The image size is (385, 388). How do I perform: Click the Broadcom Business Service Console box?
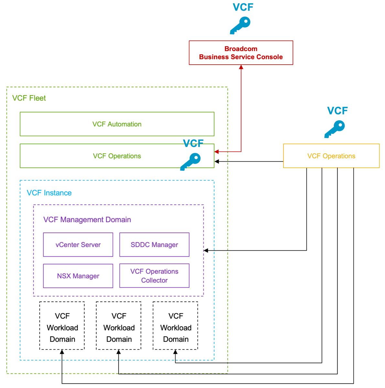[x=241, y=53]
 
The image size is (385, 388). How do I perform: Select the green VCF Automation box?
[x=117, y=124]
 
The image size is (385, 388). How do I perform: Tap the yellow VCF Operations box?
[x=331, y=156]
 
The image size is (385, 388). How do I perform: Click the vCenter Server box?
[x=78, y=245]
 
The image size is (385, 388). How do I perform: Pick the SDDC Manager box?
[x=154, y=245]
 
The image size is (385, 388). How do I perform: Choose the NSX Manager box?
[x=78, y=276]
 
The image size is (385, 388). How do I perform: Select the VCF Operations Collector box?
[x=154, y=276]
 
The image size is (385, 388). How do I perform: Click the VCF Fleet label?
[x=29, y=98]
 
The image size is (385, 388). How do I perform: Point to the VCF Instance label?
[x=49, y=193]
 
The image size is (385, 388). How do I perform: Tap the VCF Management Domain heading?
[x=87, y=220]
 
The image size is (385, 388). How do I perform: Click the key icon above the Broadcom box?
[x=240, y=26]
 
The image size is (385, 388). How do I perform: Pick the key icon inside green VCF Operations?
[x=190, y=161]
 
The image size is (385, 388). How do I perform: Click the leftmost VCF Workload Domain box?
[x=62, y=326]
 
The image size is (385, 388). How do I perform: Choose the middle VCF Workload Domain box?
[x=119, y=326]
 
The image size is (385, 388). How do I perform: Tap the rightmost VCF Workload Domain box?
[x=175, y=326]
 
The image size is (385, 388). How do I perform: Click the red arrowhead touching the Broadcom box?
[x=241, y=67]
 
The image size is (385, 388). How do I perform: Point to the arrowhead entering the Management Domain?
[x=206, y=251]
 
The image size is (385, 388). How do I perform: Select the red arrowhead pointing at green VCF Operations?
[x=217, y=151]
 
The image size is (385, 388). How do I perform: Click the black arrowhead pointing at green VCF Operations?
[x=217, y=161]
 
